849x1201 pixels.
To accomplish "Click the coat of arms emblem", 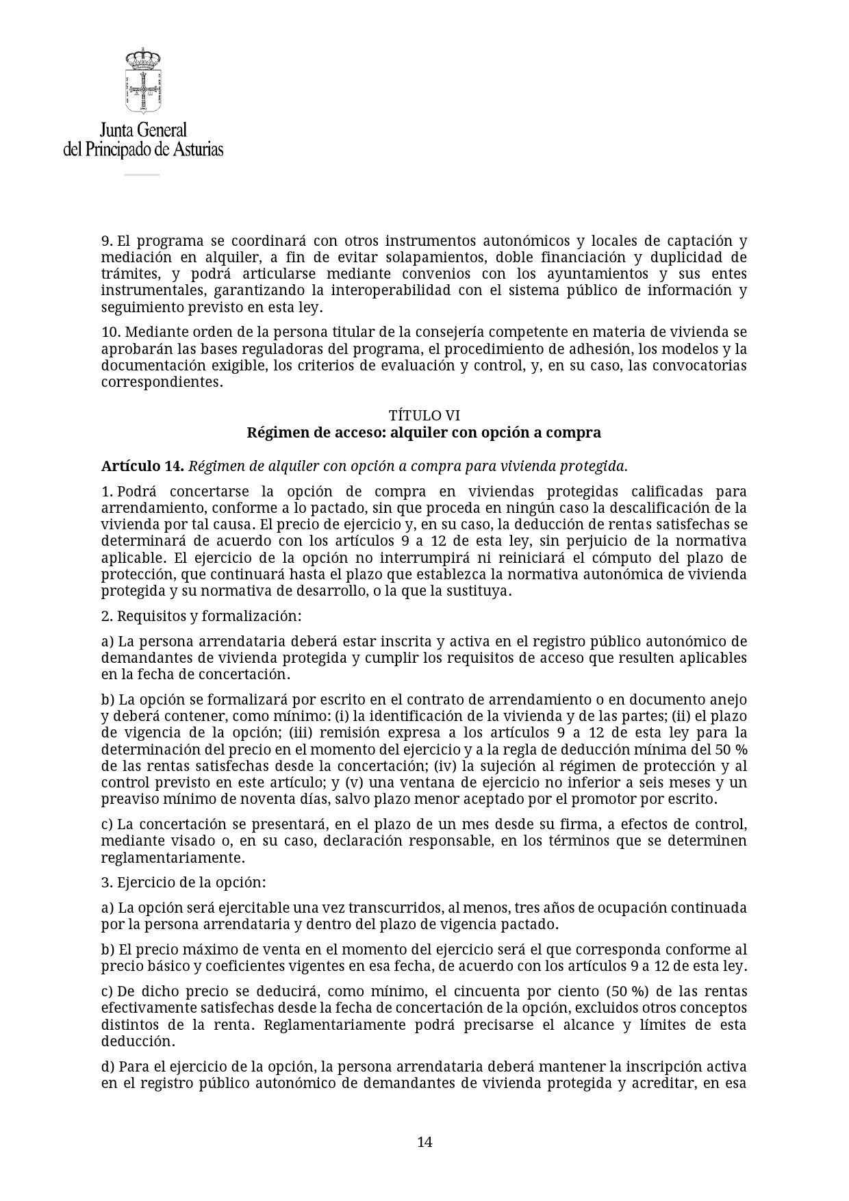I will click(142, 81).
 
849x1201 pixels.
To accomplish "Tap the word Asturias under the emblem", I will click(197, 149).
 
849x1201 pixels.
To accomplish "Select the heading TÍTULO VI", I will click(424, 416).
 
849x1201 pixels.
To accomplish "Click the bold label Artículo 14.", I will click(142, 466).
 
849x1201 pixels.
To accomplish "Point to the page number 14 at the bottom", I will click(424, 1141).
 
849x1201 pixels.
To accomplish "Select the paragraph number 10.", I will click(110, 332).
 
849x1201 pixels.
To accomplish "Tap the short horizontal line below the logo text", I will click(142, 175).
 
